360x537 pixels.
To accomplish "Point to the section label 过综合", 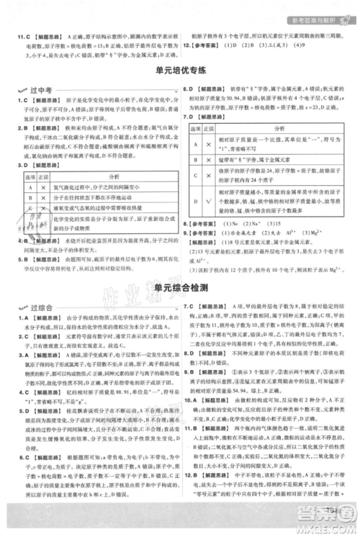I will click(35, 307).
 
